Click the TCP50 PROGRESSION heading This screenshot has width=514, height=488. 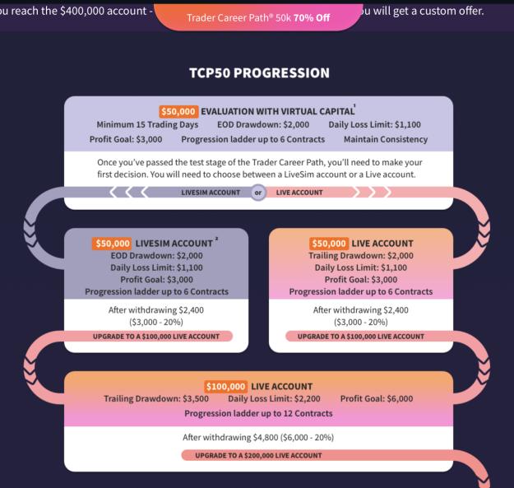coord(259,72)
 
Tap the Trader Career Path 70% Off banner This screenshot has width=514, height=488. coord(258,17)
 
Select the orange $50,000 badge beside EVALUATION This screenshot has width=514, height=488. coord(178,111)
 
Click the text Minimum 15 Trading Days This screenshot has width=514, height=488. coord(147,124)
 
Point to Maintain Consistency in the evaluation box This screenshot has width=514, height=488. coord(386,139)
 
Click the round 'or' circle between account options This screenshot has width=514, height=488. coord(258,193)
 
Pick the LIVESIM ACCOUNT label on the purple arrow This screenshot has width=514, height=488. coord(211,193)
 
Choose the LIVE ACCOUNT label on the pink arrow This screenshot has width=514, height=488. coord(299,193)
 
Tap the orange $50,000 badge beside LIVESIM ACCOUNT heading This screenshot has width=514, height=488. coord(112,244)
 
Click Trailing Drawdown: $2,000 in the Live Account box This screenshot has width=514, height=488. coord(361,255)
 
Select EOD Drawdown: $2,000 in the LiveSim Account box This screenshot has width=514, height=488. coord(156,255)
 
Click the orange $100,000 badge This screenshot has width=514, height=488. coord(225,386)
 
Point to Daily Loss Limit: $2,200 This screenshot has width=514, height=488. coord(274,398)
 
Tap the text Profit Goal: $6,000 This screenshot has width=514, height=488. coord(377,398)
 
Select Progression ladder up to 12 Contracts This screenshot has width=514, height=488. coord(258,413)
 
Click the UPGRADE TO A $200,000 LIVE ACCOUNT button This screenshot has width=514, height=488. coord(258,455)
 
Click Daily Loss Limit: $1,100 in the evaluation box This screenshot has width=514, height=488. coord(375,124)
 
